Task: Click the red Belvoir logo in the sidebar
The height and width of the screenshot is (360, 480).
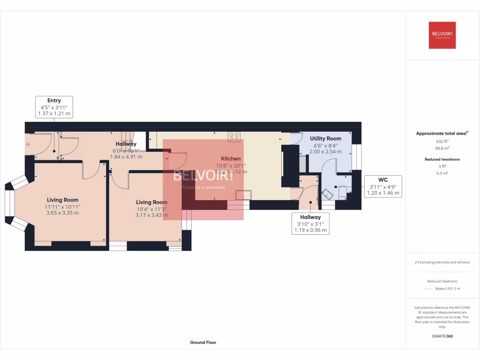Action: [442, 35]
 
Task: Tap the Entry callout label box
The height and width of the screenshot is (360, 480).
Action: [54, 107]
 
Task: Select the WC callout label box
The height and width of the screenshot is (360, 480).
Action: [382, 186]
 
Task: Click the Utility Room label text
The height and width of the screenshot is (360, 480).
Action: [325, 139]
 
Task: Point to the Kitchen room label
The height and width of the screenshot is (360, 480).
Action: [231, 159]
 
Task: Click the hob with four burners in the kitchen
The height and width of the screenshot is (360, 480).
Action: [234, 136]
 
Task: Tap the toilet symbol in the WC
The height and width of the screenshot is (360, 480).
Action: [342, 192]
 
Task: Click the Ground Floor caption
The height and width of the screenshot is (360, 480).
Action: [203, 343]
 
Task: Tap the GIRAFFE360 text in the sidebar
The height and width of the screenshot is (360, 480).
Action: [442, 336]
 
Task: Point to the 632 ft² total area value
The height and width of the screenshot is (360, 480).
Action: [442, 141]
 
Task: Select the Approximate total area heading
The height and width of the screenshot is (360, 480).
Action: [442, 134]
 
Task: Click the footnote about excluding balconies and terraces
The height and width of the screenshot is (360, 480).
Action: [442, 262]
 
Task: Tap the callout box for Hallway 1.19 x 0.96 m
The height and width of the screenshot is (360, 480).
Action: [310, 224]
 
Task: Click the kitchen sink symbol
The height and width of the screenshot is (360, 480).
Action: [243, 195]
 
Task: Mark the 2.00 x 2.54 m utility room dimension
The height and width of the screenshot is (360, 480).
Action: [325, 152]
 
